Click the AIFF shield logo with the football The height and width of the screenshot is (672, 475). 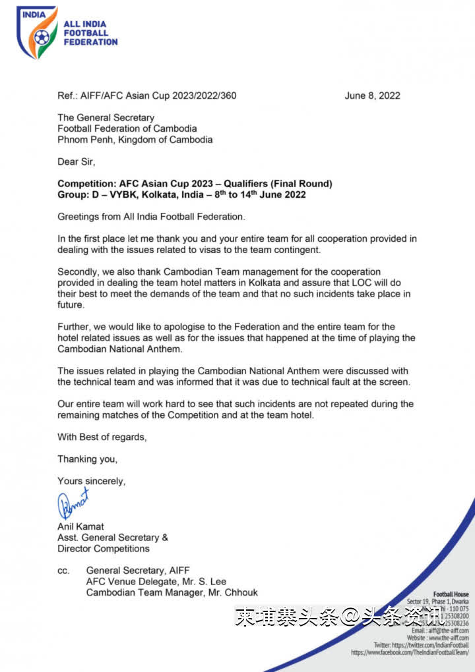coord(36,31)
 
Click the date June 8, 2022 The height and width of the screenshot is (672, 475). coord(372,96)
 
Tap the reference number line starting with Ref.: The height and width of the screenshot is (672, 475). coord(146,96)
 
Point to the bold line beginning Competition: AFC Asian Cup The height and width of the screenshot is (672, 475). coord(195,184)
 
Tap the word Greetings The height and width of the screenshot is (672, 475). coord(80,216)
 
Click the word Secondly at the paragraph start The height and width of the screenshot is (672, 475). coord(80,271)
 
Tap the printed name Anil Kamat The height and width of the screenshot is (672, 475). coord(80,526)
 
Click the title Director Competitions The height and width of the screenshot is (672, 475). coord(104,548)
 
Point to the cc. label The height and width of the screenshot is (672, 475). coord(63,571)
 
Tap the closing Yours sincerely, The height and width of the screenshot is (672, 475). coord(91,481)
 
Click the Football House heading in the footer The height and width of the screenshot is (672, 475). coord(451,594)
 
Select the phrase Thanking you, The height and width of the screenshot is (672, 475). coord(87,459)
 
